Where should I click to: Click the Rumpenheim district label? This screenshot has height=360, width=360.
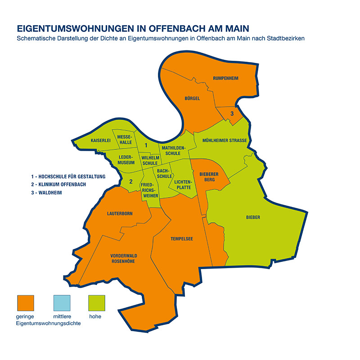[225, 78]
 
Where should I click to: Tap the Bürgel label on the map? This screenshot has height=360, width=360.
[192, 98]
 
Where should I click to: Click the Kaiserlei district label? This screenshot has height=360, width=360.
[100, 141]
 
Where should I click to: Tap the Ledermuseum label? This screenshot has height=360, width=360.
[126, 160]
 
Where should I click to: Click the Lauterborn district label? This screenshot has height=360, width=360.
[120, 213]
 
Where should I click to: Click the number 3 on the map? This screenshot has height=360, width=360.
[232, 113]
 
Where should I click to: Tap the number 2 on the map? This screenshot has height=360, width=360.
[130, 182]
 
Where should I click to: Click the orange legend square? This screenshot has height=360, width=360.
[26, 303]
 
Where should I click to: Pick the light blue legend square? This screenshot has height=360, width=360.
[62, 303]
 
